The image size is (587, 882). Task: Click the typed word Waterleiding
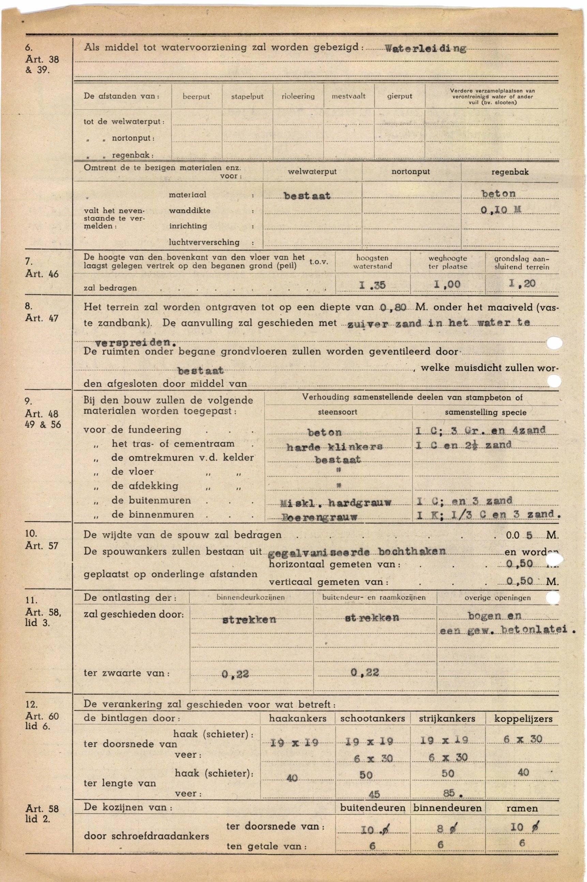[x=425, y=49]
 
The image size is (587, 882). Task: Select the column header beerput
[x=196, y=96]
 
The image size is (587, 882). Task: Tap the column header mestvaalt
[x=348, y=96]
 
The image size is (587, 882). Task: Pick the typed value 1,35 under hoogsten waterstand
[x=372, y=285]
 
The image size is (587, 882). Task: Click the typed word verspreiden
[x=136, y=342]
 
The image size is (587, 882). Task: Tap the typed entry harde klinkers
[x=334, y=447]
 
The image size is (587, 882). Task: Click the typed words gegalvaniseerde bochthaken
[x=357, y=552]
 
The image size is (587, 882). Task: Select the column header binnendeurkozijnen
[x=251, y=598]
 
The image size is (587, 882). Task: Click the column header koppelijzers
[x=523, y=718]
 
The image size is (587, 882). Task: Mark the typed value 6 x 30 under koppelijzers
[x=523, y=739]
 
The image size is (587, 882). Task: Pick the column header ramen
[x=522, y=808]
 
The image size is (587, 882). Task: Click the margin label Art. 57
[x=42, y=546]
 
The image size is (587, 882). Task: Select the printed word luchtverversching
[x=204, y=242]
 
